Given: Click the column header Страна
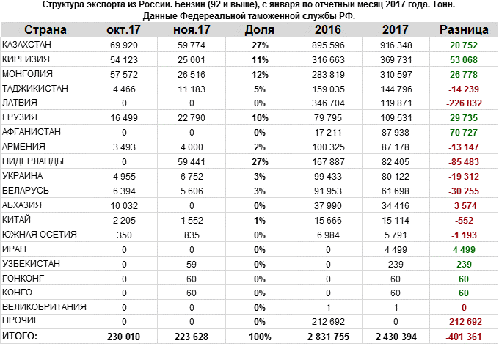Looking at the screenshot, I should (45, 30).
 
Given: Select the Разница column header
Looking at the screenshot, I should (464, 30).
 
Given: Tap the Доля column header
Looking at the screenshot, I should (260, 30).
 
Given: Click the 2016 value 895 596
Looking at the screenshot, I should (328, 45).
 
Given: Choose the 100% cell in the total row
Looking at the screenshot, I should (259, 336).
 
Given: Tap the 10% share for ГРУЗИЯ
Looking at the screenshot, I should (261, 117).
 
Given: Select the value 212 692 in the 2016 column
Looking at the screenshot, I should (328, 320).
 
